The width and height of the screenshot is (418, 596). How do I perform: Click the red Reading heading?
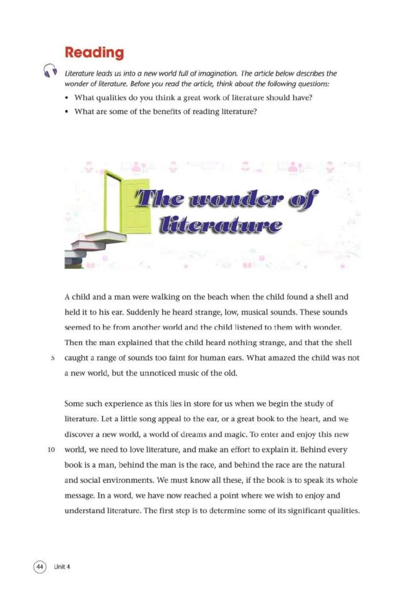coord(94,52)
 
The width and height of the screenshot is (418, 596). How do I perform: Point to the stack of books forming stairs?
coord(87,246)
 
